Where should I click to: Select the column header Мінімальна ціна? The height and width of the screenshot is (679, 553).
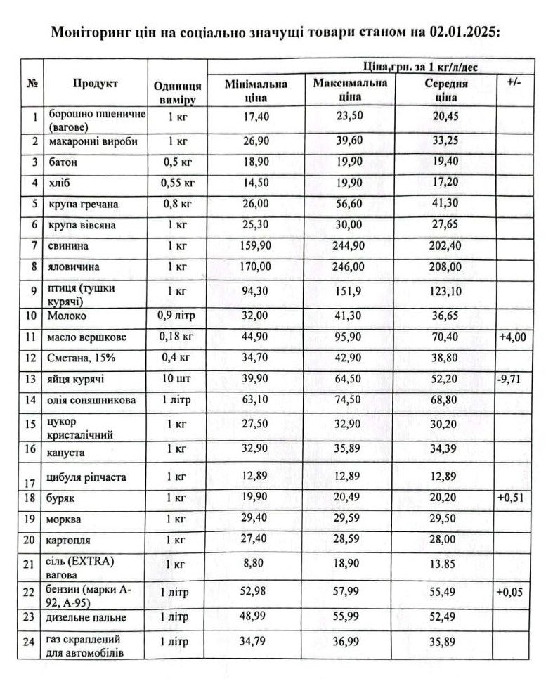click(x=256, y=91)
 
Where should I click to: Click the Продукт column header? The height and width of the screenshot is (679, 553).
click(x=95, y=84)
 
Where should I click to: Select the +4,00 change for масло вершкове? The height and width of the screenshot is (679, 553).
click(x=514, y=337)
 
